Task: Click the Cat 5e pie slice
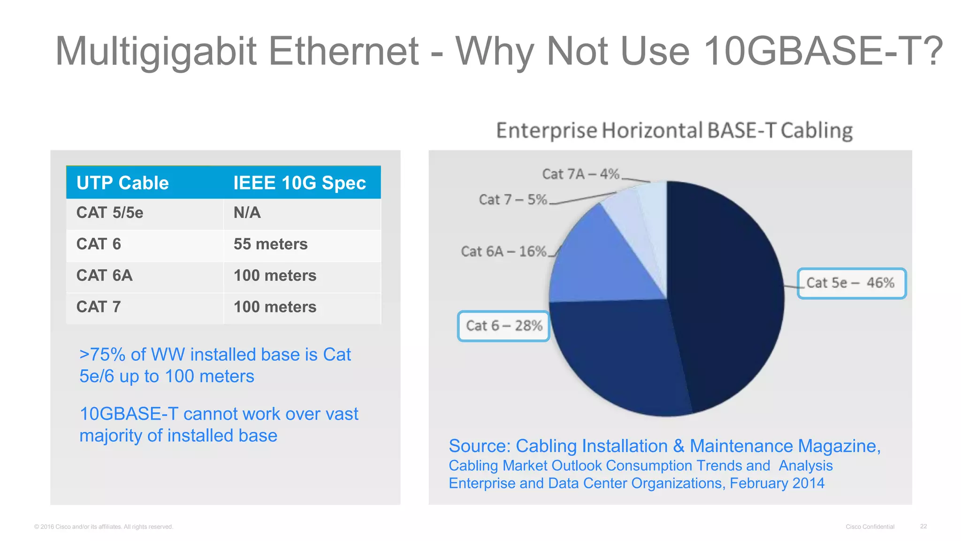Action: click(727, 291)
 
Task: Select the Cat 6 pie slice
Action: click(619, 357)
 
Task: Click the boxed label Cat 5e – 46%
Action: click(851, 283)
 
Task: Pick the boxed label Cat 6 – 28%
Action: click(504, 326)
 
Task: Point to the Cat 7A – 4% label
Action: click(580, 174)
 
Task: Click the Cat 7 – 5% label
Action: click(513, 200)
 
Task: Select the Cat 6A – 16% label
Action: click(503, 252)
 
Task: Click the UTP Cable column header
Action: click(122, 183)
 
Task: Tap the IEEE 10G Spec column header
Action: click(299, 183)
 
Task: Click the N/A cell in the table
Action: click(247, 213)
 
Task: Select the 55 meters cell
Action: click(270, 244)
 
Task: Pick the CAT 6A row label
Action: click(104, 276)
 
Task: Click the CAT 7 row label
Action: click(99, 307)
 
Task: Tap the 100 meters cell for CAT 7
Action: click(275, 307)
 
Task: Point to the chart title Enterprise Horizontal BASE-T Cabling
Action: click(674, 131)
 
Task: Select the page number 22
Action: click(923, 526)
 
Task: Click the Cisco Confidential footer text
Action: click(870, 527)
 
